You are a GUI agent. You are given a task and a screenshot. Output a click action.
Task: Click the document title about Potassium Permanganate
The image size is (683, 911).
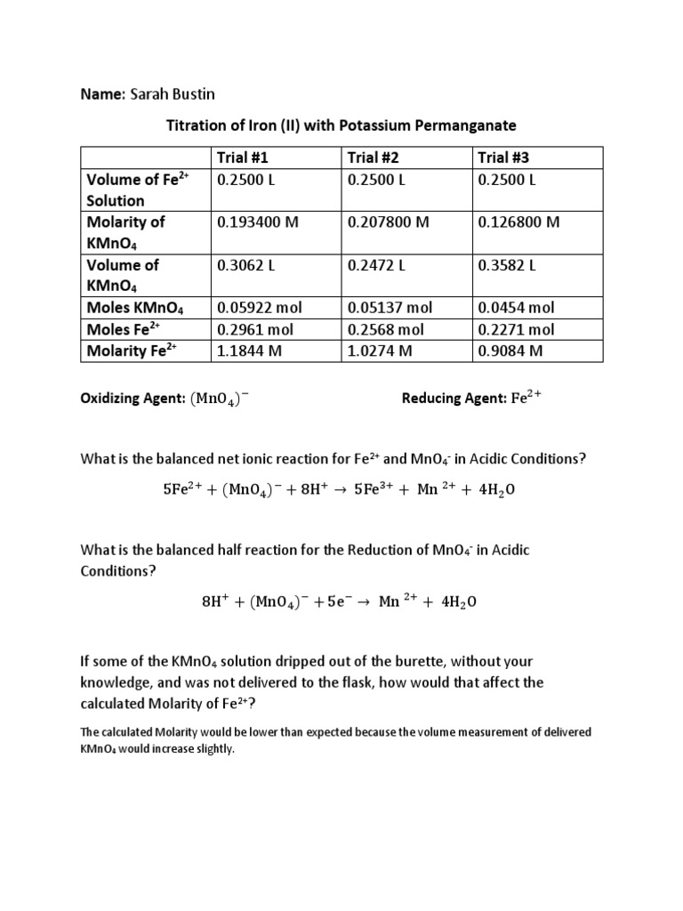pyautogui.click(x=341, y=125)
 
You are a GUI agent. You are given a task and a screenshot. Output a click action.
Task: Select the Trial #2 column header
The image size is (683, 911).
pyautogui.click(x=373, y=157)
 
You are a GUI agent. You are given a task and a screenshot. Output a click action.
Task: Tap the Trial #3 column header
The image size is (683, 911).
pyautogui.click(x=504, y=157)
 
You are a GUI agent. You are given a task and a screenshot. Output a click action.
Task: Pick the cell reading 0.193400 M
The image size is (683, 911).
pyautogui.click(x=258, y=222)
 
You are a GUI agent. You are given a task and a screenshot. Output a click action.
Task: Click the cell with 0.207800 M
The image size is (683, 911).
pyautogui.click(x=388, y=222)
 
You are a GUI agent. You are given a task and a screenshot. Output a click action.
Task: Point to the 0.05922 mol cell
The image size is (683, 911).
pyautogui.click(x=260, y=307)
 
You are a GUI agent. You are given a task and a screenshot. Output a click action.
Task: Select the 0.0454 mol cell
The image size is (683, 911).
pyautogui.click(x=516, y=307)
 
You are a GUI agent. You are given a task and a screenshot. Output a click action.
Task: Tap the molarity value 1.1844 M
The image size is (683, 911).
pyautogui.click(x=248, y=350)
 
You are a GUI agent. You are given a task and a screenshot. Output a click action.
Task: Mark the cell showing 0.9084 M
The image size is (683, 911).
pyautogui.click(x=510, y=350)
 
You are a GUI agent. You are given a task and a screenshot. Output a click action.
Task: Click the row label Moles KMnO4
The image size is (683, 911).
pyautogui.click(x=134, y=308)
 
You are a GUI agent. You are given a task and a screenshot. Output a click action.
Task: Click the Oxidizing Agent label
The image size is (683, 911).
pyautogui.click(x=132, y=399)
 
